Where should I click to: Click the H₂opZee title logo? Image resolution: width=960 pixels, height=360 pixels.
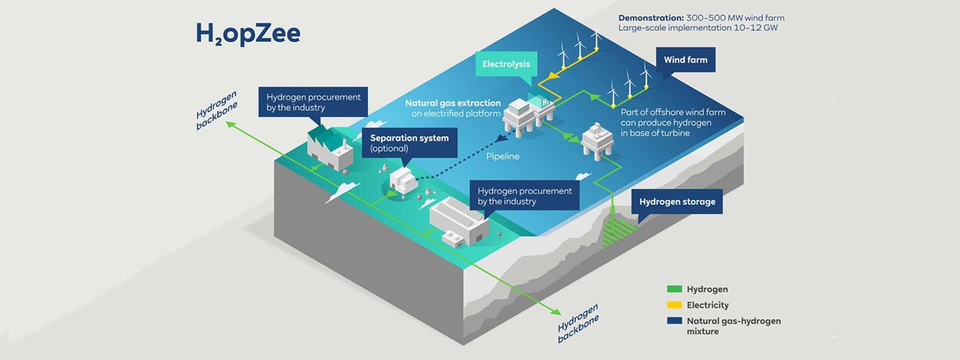pos(248,34)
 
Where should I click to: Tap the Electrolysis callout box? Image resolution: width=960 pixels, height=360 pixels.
pos(506,64)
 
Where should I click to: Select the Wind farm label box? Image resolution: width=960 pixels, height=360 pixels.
pos(685,60)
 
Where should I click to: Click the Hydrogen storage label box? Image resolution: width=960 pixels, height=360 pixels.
pos(677,202)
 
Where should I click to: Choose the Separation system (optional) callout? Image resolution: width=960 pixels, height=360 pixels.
pos(409,143)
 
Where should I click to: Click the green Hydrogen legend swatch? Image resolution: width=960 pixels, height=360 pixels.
pos(674,289)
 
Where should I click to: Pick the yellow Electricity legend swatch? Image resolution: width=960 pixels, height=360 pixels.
pos(674,305)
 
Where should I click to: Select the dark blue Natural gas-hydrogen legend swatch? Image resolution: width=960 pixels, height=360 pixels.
pos(674,320)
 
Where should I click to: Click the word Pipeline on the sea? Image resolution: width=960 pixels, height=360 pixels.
pos(502,157)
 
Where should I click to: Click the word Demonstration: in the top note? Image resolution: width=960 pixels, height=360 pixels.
pos(650,18)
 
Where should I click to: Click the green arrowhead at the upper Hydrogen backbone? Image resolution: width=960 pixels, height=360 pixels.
pos(232,124)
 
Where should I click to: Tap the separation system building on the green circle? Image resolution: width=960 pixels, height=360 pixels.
pos(403,181)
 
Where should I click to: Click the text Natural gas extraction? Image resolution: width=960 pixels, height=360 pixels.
pos(453,103)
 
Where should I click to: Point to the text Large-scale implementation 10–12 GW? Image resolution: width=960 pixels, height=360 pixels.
pos(698,28)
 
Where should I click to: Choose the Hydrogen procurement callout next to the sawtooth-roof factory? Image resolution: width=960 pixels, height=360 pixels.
pos(313,102)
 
